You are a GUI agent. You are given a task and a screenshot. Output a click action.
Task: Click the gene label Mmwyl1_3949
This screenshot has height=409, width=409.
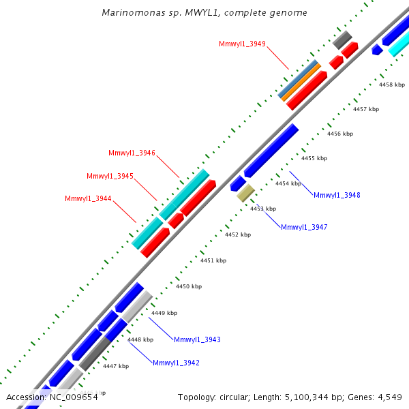point(242,44)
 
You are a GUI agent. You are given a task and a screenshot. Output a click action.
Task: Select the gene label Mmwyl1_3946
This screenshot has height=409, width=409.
point(132,153)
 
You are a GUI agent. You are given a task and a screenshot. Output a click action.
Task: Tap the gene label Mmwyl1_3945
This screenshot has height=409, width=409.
point(110,176)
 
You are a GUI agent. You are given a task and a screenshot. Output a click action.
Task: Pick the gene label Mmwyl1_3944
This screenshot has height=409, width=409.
point(88,199)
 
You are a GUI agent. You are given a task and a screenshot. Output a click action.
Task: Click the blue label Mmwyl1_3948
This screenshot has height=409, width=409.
point(337,195)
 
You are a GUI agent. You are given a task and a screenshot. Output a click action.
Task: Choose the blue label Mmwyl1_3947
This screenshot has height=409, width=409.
point(304,227)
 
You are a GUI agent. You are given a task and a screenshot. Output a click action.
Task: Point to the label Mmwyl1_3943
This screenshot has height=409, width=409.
point(197,339)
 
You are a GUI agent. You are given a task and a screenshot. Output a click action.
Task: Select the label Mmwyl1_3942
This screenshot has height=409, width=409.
point(176,363)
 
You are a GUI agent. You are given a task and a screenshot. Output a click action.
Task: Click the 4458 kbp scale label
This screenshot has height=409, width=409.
point(392,85)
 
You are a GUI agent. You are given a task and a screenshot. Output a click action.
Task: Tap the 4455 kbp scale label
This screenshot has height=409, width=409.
point(314,158)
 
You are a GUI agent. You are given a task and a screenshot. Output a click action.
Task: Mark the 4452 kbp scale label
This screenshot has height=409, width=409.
point(238,234)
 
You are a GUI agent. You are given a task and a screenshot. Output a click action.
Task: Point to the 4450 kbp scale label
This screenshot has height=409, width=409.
point(189,287)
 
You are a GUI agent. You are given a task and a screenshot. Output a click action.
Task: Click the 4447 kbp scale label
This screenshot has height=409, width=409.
point(116,366)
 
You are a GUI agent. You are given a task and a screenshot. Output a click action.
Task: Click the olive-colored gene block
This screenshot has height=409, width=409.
point(245,193)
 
